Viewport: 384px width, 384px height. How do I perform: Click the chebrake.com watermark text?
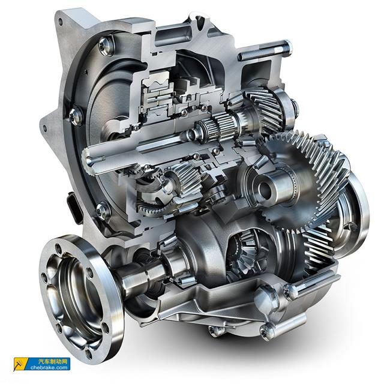(x=49, y=367)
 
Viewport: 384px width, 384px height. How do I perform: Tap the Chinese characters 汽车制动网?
(x=53, y=361)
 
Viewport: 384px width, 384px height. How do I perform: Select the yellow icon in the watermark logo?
(x=21, y=364)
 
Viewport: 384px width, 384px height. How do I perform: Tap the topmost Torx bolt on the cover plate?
(x=106, y=46)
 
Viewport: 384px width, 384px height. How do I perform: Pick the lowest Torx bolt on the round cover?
(x=103, y=211)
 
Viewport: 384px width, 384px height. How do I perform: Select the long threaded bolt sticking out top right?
(x=265, y=50)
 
